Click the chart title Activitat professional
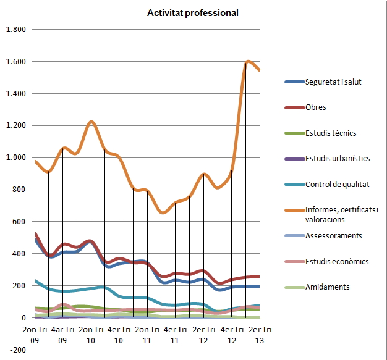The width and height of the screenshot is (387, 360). pyautogui.click(x=192, y=13)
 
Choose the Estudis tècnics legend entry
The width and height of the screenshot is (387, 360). pyautogui.click(x=330, y=133)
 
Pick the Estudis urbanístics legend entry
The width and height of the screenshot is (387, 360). pyautogui.click(x=337, y=159)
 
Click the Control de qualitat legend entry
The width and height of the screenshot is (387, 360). pyautogui.click(x=337, y=185)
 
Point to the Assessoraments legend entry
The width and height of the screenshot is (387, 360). pyautogui.click(x=333, y=235)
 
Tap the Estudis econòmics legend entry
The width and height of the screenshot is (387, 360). pyautogui.click(x=336, y=261)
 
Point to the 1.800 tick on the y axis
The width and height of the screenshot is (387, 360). pyautogui.click(x=15, y=30)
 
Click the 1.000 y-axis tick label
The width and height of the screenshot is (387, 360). pyautogui.click(x=15, y=157)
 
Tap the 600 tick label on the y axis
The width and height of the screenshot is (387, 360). pyautogui.click(x=19, y=222)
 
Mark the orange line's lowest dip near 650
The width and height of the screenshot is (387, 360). pyautogui.click(x=163, y=213)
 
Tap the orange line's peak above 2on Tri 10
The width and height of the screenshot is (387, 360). pyautogui.click(x=91, y=122)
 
